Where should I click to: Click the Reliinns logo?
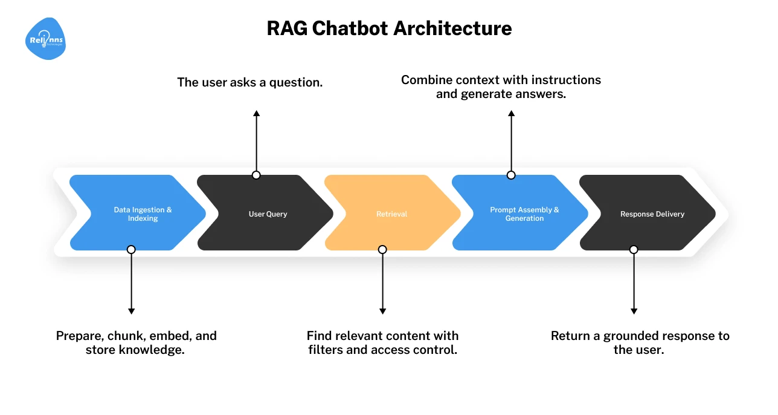(46, 39)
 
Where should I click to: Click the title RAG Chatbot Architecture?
(389, 28)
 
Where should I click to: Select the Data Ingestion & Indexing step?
(143, 214)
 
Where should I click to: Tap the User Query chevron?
(268, 214)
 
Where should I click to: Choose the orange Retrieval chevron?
(391, 214)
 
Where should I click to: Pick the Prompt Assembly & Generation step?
(524, 214)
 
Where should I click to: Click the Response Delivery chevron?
(652, 214)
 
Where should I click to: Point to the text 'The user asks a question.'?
(249, 82)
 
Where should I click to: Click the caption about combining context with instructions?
(501, 87)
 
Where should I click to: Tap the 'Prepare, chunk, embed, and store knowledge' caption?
(136, 342)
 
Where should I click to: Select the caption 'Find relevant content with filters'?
(382, 342)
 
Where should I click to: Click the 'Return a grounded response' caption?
(640, 342)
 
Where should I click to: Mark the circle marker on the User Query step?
(256, 175)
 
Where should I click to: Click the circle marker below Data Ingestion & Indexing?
(131, 249)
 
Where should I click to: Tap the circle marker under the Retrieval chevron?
(382, 249)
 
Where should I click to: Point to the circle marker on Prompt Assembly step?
(511, 175)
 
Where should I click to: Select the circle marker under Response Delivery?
(634, 249)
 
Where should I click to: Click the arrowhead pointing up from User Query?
(256, 114)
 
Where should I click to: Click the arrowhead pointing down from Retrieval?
(382, 310)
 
